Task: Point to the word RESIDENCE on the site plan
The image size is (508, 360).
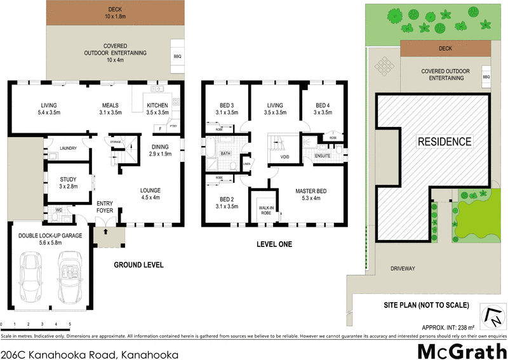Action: click(x=444, y=142)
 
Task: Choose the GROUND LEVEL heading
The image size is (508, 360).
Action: click(x=138, y=265)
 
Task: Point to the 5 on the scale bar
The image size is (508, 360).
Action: click(x=69, y=324)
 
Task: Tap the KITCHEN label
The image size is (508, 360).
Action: click(x=157, y=105)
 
